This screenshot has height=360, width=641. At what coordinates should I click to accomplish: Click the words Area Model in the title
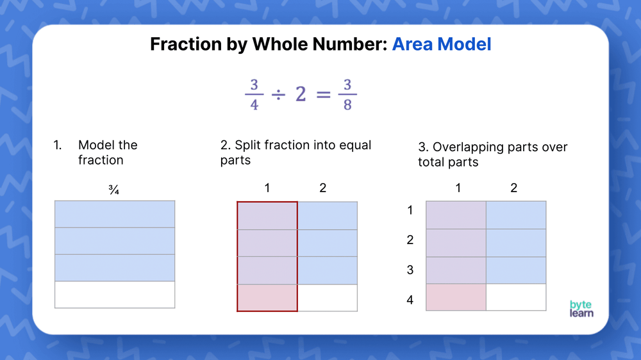(442, 44)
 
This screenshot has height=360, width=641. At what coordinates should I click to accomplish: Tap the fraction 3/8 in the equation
(347, 95)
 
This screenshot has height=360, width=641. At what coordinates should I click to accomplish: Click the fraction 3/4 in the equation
(254, 95)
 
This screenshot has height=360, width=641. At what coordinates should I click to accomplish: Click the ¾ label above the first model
(114, 190)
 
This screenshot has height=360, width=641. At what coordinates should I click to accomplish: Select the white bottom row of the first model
(115, 295)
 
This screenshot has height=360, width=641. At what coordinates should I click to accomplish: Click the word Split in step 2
(250, 145)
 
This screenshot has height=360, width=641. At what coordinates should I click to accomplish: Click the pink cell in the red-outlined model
(267, 298)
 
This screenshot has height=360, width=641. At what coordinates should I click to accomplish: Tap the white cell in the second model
(328, 298)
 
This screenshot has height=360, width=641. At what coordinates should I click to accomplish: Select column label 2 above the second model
(322, 188)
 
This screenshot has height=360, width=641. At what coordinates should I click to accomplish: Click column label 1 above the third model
(458, 188)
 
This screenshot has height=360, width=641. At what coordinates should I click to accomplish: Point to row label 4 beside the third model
(410, 299)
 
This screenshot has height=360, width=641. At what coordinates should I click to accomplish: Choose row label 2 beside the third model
(410, 240)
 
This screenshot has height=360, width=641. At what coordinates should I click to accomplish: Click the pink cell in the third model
(456, 297)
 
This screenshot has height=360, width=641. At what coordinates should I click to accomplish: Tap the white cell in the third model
(516, 297)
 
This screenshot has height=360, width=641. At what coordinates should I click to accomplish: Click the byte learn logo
(581, 308)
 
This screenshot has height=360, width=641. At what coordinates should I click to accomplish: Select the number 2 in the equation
(299, 95)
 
